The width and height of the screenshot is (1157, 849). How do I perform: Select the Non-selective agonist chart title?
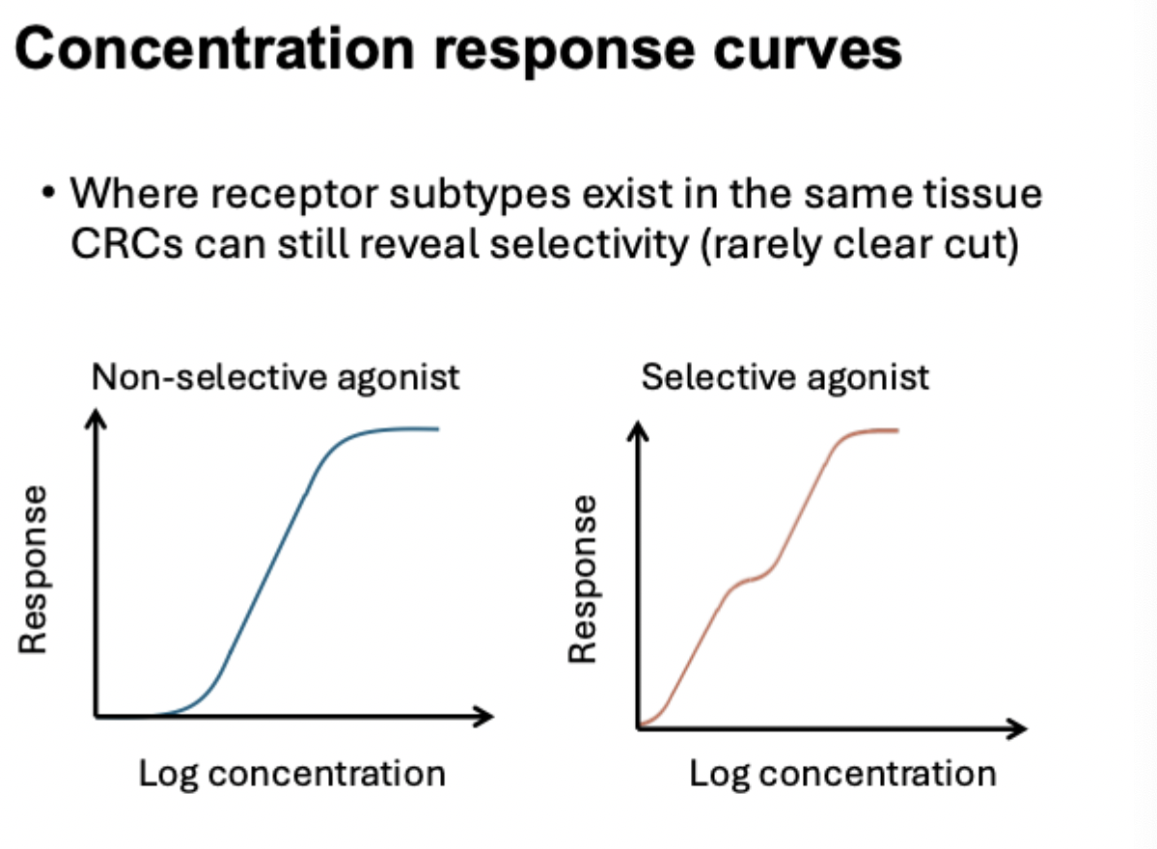coord(276,376)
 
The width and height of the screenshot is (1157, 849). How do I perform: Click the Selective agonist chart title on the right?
coord(785,376)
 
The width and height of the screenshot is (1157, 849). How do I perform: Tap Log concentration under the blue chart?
coord(292,773)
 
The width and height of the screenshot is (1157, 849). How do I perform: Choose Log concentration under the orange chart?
coord(842,773)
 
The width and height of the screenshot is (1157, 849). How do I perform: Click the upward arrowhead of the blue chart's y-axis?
coord(96,418)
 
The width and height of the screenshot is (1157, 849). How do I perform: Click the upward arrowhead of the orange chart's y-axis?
coord(638,427)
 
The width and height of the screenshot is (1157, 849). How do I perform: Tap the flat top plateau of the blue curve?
coord(396,429)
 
